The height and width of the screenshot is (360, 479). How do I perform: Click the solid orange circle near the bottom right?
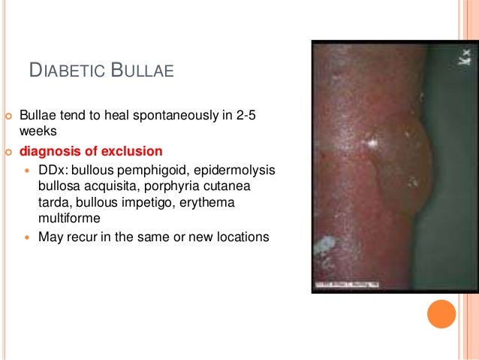[441, 313]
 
